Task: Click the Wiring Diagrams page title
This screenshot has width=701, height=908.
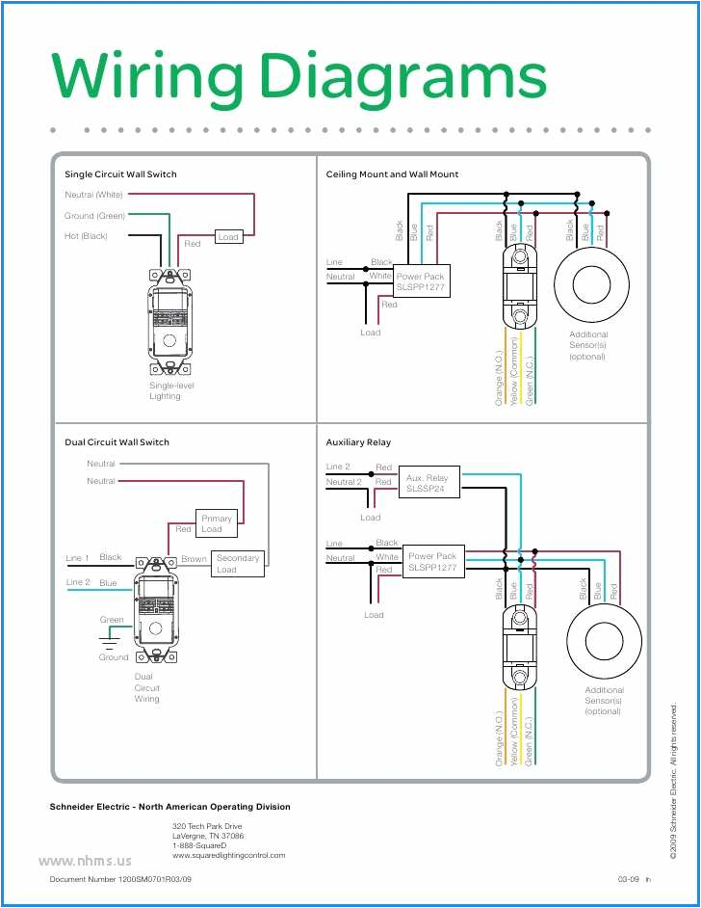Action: point(299,77)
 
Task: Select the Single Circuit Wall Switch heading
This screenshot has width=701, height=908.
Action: point(120,174)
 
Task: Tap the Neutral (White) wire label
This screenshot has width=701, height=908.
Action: point(94,195)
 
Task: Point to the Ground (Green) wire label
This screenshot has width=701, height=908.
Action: point(95,216)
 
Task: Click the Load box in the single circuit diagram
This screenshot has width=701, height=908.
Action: point(228,236)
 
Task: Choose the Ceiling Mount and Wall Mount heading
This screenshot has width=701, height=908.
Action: point(392,174)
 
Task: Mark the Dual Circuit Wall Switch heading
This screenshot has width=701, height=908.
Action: point(117,442)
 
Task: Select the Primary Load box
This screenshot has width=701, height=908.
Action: point(217,523)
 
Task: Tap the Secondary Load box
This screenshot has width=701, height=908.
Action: point(237,564)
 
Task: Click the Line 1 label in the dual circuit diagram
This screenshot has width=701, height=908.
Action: point(77,558)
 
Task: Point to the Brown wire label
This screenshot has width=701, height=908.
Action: point(194,559)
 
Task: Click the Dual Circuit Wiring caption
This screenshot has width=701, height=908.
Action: point(147,687)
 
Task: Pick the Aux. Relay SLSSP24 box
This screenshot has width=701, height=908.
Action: point(428,483)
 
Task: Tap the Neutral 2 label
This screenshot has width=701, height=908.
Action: point(344,482)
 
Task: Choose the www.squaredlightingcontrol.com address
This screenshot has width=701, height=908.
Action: point(228,855)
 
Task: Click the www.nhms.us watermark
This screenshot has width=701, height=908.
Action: point(85,860)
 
